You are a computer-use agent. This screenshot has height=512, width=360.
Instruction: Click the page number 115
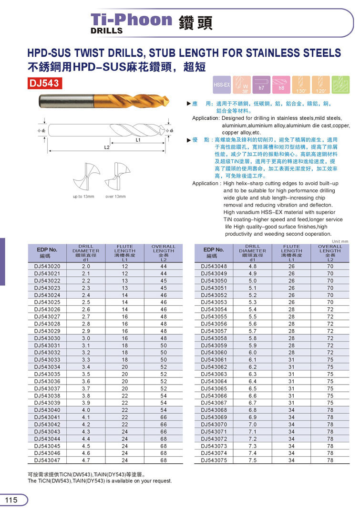point(11,500)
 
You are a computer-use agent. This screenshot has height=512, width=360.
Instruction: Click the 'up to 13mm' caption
point(83,197)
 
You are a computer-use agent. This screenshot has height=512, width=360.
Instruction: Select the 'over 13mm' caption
point(115,197)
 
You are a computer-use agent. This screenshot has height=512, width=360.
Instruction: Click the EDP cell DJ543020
point(47,266)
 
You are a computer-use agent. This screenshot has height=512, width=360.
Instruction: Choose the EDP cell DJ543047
point(47,460)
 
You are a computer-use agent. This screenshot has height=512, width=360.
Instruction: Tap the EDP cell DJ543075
point(214,460)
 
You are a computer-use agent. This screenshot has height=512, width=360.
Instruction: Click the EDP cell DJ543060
point(214,353)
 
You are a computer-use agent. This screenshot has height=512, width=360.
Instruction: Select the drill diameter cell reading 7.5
point(253,460)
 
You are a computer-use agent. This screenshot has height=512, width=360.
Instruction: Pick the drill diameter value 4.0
point(86,410)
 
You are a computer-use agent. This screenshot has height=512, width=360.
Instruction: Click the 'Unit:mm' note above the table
point(340,241)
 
